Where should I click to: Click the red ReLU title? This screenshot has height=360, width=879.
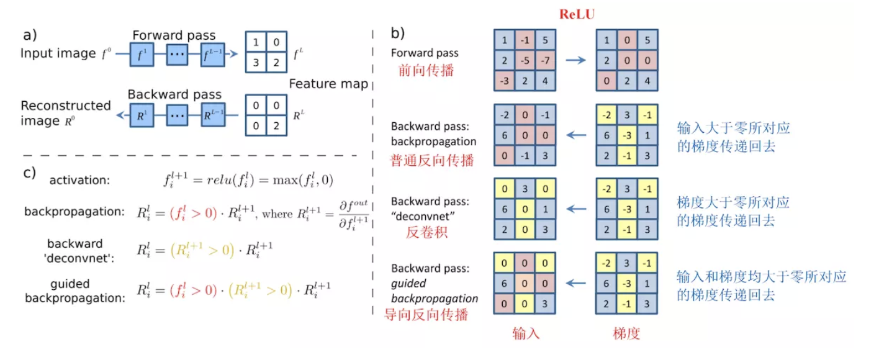click(x=577, y=14)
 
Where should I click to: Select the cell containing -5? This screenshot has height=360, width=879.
click(x=526, y=61)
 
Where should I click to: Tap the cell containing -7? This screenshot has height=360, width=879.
click(x=544, y=61)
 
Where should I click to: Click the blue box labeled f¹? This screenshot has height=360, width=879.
click(x=140, y=54)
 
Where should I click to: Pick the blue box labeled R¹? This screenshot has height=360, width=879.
click(x=140, y=116)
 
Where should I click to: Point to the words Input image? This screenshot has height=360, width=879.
click(x=58, y=54)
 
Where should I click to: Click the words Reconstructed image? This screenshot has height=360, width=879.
click(x=65, y=113)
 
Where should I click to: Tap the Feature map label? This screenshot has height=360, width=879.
click(x=328, y=84)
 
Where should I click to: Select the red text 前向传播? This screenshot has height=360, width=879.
click(x=426, y=70)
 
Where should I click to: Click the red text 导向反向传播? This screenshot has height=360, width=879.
click(x=426, y=315)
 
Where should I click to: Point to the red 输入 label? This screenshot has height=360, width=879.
click(x=526, y=334)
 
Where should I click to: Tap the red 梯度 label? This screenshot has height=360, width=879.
click(x=626, y=334)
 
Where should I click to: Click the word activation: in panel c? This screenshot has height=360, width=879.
click(x=79, y=181)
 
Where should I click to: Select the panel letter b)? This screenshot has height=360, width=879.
click(x=397, y=32)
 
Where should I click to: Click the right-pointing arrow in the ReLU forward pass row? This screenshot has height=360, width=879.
click(x=575, y=61)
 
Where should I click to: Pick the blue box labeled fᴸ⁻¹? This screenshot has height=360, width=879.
click(x=212, y=54)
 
